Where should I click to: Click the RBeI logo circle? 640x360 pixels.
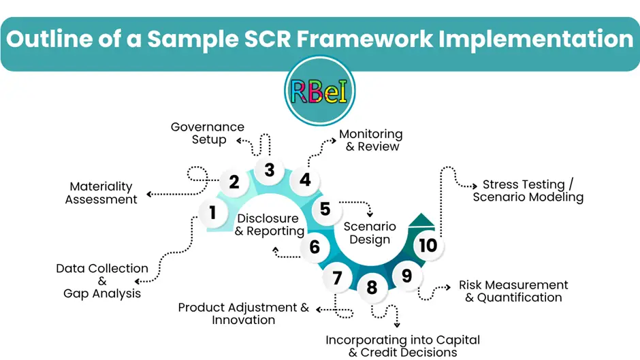pyautogui.click(x=319, y=90)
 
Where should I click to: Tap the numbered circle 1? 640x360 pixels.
pyautogui.click(x=213, y=213)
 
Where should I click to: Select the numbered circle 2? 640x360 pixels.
pyautogui.click(x=234, y=182)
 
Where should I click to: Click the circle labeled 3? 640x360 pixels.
pyautogui.click(x=270, y=169)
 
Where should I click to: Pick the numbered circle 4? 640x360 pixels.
pyautogui.click(x=305, y=180)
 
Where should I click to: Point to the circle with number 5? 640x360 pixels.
pyautogui.click(x=325, y=209)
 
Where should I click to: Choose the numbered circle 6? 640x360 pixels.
pyautogui.click(x=315, y=246)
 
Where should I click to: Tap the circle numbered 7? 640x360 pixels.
pyautogui.click(x=337, y=277)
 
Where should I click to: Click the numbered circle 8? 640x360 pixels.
pyautogui.click(x=372, y=287)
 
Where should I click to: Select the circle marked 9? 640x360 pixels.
pyautogui.click(x=406, y=276)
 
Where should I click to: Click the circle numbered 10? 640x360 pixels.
pyautogui.click(x=428, y=245)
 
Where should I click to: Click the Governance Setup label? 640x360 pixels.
pyautogui.click(x=208, y=133)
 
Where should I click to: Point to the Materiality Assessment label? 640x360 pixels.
pyautogui.click(x=101, y=193)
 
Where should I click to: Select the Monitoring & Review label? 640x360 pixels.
pyautogui.click(x=371, y=140)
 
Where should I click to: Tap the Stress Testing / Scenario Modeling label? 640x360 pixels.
pyautogui.click(x=528, y=191)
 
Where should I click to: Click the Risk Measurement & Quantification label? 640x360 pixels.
pyautogui.click(x=513, y=291)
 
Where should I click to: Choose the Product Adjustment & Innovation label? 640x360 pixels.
pyautogui.click(x=243, y=314)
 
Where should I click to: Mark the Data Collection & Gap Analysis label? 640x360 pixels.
pyautogui.click(x=102, y=280)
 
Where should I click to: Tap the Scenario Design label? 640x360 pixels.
pyautogui.click(x=370, y=232)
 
